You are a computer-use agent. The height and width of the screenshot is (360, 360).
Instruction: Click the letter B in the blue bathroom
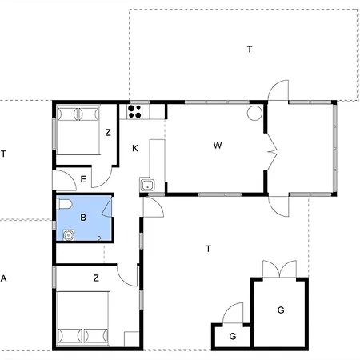point(83,218)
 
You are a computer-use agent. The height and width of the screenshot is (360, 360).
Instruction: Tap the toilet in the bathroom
point(65,204)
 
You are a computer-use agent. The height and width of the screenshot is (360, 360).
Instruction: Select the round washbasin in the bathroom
point(69,235)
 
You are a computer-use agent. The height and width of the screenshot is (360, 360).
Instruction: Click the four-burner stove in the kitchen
point(134,112)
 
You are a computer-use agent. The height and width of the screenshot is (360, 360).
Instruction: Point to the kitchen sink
point(147,185)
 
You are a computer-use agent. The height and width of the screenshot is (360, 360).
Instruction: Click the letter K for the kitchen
point(135,148)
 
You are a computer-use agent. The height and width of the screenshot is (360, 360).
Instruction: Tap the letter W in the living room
point(218,146)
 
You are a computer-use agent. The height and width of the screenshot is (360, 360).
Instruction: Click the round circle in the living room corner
point(254,113)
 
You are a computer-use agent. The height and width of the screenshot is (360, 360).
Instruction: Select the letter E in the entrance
point(83,179)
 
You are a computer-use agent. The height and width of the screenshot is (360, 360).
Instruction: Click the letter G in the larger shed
point(281,310)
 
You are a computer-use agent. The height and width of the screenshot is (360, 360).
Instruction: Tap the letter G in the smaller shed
point(233,336)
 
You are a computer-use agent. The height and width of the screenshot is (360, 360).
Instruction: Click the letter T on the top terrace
point(250,50)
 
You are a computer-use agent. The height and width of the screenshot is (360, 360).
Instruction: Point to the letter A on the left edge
point(3,278)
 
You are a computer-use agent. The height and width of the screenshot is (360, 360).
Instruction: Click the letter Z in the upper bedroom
point(108,133)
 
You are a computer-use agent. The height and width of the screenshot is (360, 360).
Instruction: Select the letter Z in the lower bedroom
point(96,278)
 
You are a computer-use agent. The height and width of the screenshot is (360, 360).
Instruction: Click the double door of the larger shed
point(279,269)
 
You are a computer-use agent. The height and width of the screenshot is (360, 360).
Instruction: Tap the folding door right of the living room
point(272,152)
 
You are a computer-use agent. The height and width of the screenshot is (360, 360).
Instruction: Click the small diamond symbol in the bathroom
point(99,238)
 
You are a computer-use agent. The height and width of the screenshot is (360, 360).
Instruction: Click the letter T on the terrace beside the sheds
point(208,249)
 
